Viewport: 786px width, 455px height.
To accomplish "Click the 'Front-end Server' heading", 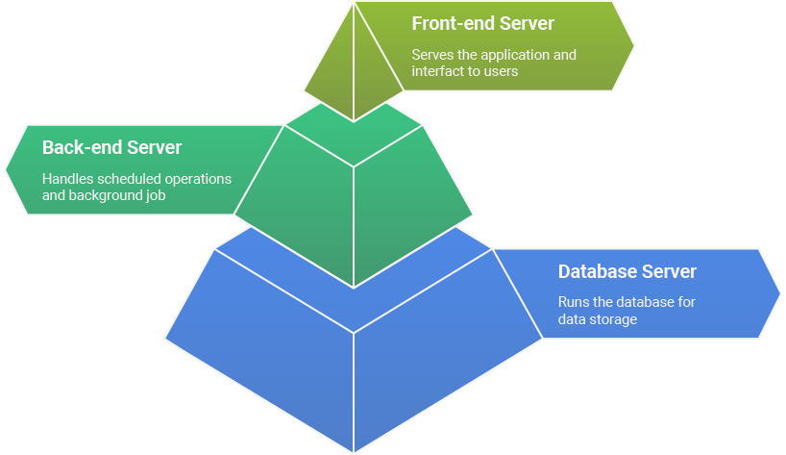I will (x=483, y=23).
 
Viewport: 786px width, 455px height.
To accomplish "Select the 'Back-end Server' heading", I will (x=111, y=148).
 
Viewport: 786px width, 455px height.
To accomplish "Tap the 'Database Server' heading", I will (x=626, y=271).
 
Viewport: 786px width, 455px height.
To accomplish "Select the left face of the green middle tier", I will (x=298, y=202).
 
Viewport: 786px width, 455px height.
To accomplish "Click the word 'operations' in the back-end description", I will (x=199, y=179).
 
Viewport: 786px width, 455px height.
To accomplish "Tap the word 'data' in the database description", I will (x=573, y=318).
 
